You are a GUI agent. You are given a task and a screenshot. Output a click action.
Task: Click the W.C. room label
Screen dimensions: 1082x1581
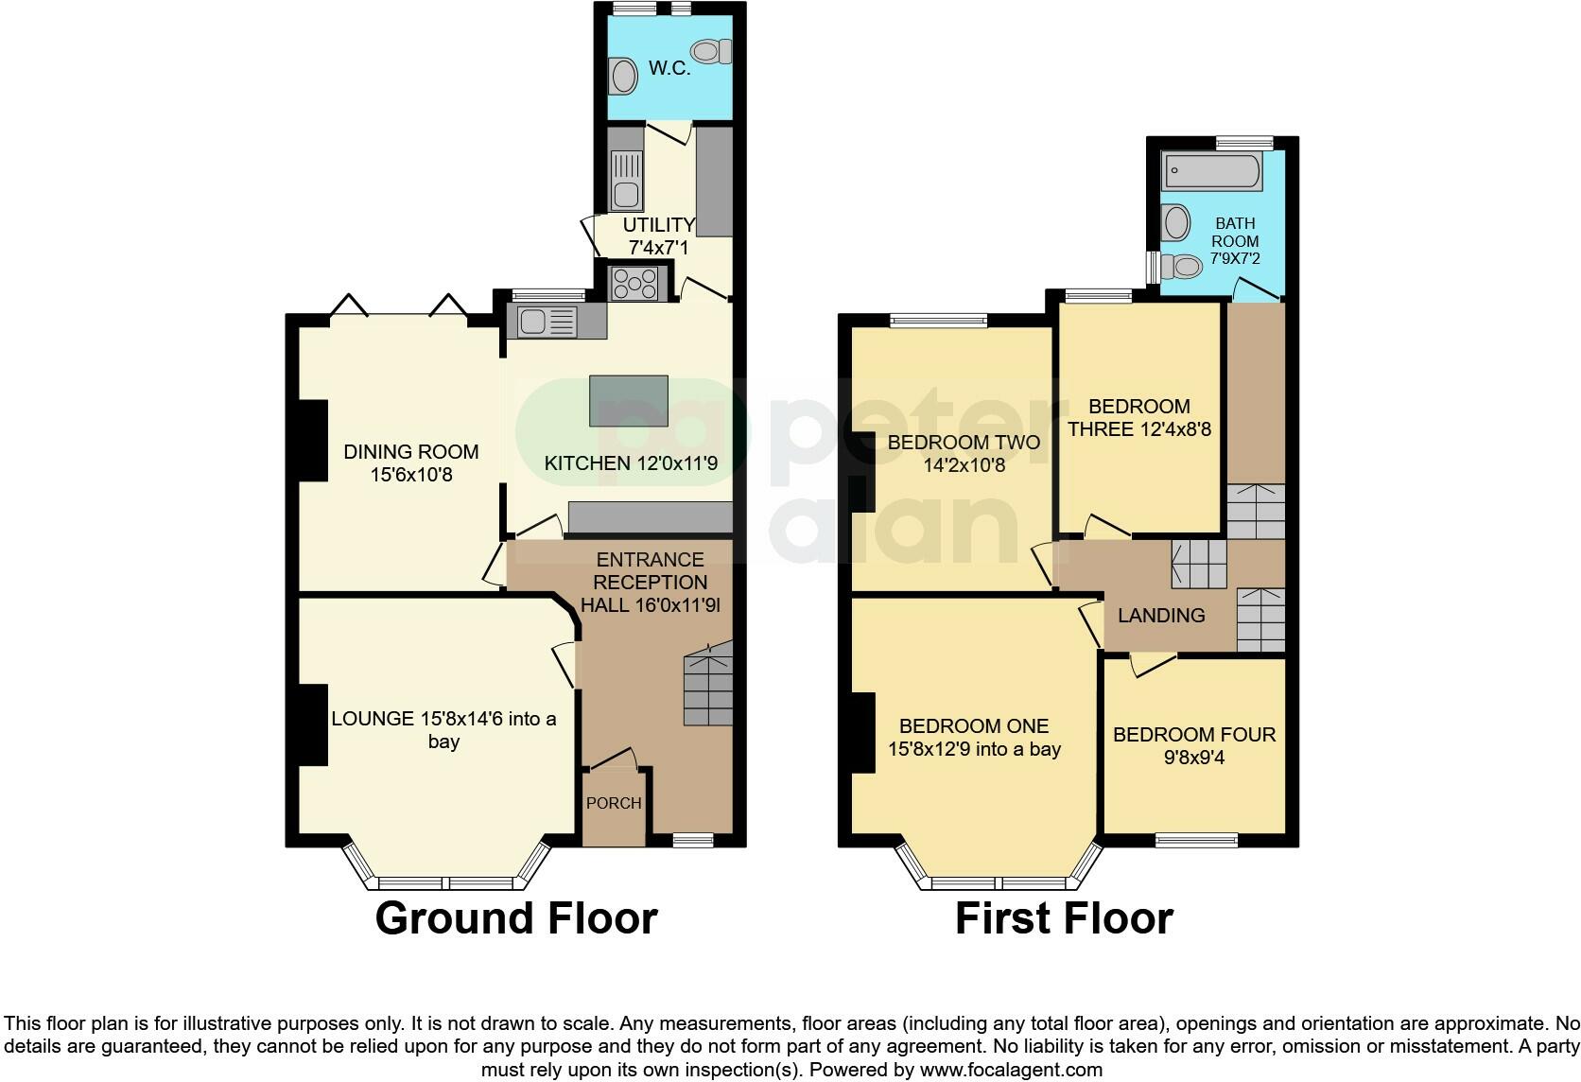(669, 68)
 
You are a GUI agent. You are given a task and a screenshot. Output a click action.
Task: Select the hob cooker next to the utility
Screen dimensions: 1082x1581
(635, 282)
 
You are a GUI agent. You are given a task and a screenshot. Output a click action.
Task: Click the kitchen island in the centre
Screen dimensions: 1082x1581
(629, 400)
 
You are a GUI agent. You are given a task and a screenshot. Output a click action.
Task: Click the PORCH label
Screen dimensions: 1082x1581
(614, 803)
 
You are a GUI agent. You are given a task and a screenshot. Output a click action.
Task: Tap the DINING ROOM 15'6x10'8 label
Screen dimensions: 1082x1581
(410, 463)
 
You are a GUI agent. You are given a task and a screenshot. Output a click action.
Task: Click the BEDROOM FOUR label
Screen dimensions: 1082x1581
(1193, 735)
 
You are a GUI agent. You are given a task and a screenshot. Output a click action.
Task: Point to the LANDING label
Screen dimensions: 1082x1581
(1161, 616)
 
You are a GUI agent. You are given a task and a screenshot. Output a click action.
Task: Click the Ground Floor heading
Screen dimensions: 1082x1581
(515, 917)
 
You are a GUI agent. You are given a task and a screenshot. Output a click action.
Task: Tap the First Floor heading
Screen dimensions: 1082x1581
(1064, 917)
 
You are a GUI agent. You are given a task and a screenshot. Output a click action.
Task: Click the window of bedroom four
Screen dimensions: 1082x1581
(1196, 839)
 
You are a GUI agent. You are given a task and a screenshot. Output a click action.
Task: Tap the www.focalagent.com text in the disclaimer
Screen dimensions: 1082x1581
(1011, 1071)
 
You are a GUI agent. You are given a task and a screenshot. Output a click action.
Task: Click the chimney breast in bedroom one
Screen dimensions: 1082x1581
(862, 733)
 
